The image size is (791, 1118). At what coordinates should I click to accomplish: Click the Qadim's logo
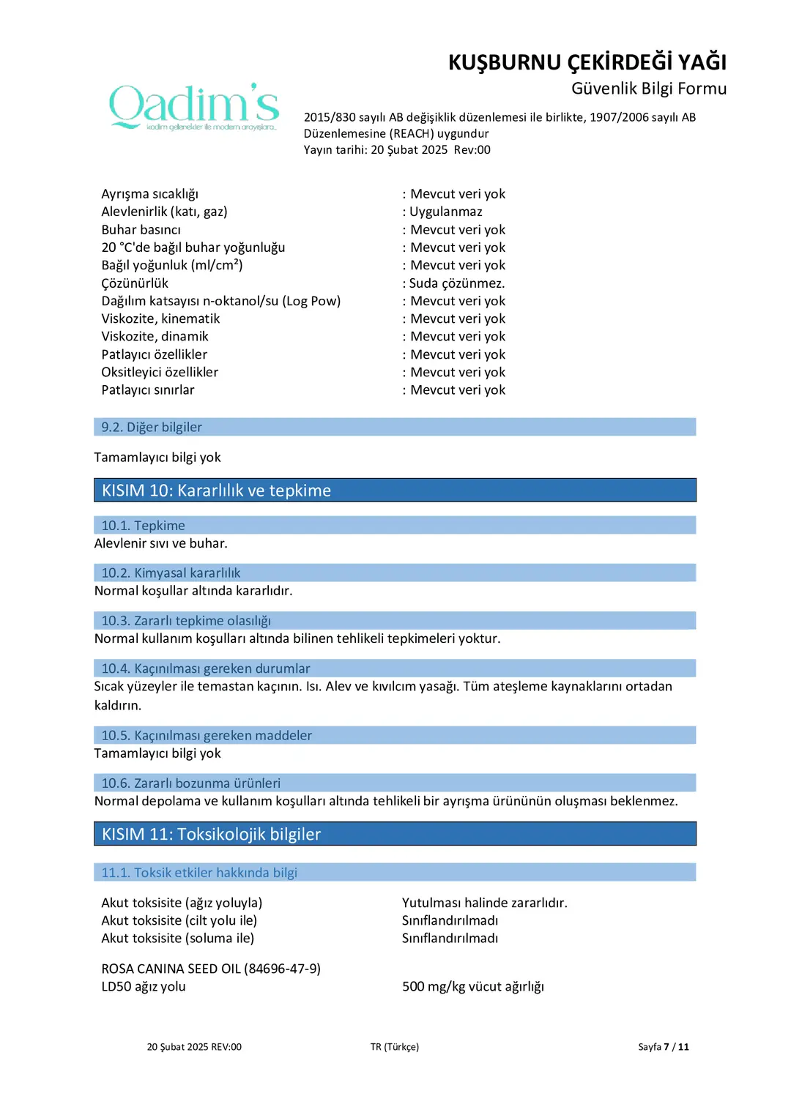click(x=194, y=107)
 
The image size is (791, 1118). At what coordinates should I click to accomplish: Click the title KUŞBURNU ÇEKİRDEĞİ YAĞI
click(x=587, y=62)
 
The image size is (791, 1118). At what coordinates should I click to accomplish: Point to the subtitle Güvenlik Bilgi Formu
click(x=648, y=89)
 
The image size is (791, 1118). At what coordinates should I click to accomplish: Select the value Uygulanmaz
click(x=445, y=212)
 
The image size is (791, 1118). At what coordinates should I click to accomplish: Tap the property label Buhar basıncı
click(x=141, y=230)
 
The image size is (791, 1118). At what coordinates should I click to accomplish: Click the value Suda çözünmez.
click(x=456, y=283)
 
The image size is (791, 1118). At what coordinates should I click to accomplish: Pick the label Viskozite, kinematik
click(x=160, y=318)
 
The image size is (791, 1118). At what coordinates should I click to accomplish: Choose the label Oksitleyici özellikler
click(x=160, y=372)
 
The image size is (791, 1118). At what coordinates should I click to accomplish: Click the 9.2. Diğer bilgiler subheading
click(x=152, y=427)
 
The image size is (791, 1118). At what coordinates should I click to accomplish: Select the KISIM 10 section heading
click(x=216, y=491)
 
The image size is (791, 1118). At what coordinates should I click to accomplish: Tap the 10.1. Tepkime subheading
click(x=143, y=526)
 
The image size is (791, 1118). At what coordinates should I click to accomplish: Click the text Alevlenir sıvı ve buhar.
click(x=160, y=543)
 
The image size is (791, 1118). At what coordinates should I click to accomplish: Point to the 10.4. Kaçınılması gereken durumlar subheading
click(x=205, y=668)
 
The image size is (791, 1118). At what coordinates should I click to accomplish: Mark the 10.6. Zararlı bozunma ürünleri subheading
click(x=190, y=783)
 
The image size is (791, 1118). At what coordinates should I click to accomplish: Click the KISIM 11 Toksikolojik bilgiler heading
click(x=211, y=834)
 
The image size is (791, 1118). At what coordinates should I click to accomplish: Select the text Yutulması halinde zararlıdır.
click(x=484, y=903)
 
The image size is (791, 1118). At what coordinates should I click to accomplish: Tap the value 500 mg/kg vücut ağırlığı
click(x=472, y=986)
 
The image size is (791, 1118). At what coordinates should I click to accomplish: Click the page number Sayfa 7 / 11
click(x=663, y=1047)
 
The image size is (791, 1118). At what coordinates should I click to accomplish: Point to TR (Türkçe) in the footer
click(x=394, y=1047)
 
